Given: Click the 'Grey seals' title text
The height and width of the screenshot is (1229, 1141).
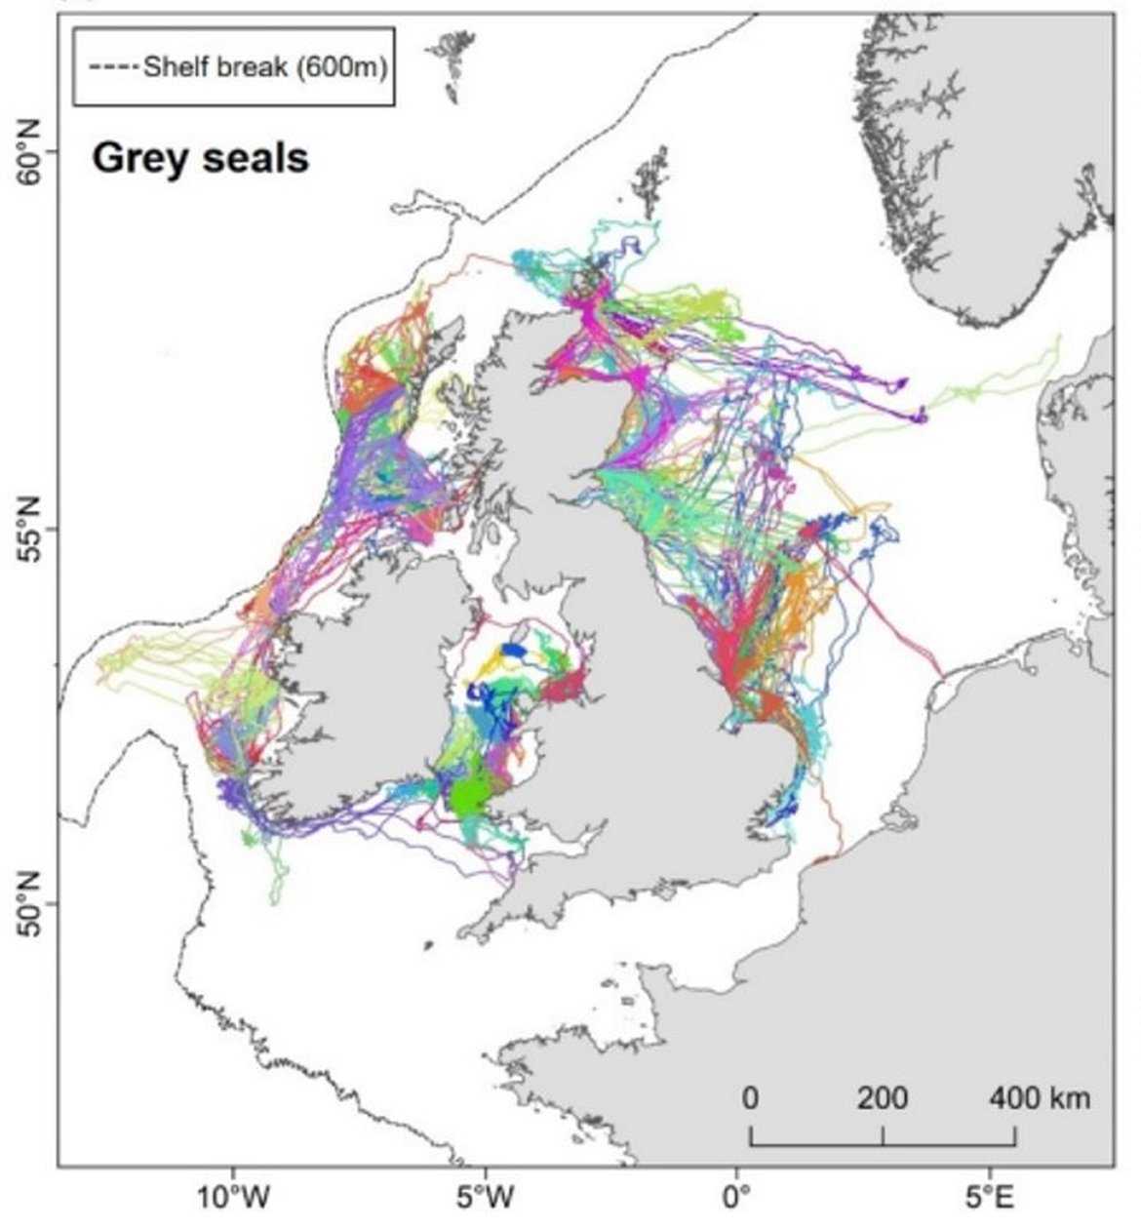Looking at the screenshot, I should [x=200, y=158].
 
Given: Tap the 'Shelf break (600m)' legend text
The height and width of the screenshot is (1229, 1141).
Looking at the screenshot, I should [x=264, y=68].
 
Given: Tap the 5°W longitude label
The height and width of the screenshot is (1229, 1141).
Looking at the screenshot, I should [x=485, y=1197].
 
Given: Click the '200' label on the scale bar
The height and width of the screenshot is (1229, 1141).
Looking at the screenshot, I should [x=883, y=1098].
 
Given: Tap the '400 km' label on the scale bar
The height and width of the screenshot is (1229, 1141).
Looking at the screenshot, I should [x=1040, y=1098].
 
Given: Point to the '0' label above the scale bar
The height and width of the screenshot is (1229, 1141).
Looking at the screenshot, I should [x=750, y=1098].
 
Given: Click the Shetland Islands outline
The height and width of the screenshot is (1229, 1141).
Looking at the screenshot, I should [x=648, y=180].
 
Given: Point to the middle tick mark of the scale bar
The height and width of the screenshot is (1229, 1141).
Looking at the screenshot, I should [x=884, y=1136].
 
